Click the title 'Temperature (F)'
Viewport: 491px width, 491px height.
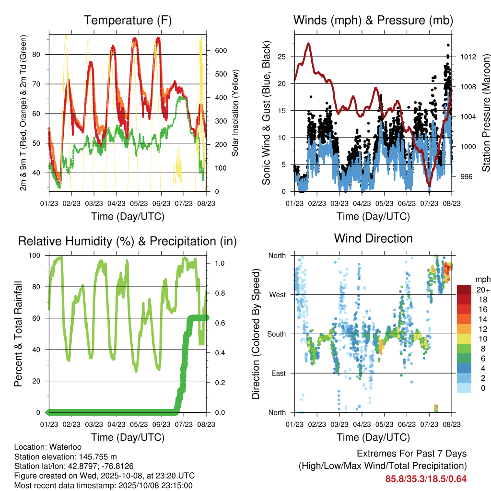click(127, 20)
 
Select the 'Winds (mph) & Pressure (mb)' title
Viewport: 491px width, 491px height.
click(373, 20)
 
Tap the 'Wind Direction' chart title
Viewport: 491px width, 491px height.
click(373, 238)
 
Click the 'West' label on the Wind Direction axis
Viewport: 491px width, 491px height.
click(277, 295)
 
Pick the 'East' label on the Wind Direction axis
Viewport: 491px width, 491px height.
click(278, 373)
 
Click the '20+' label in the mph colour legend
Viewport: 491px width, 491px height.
click(483, 290)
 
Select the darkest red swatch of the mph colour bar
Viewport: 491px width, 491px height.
click(464, 289)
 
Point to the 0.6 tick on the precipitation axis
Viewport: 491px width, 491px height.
click(216, 318)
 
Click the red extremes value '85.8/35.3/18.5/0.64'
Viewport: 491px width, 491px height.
click(426, 479)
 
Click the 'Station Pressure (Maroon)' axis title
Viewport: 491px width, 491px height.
click(485, 113)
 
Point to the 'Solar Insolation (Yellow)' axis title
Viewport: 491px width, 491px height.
click(235, 113)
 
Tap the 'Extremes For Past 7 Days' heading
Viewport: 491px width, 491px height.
click(411, 454)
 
